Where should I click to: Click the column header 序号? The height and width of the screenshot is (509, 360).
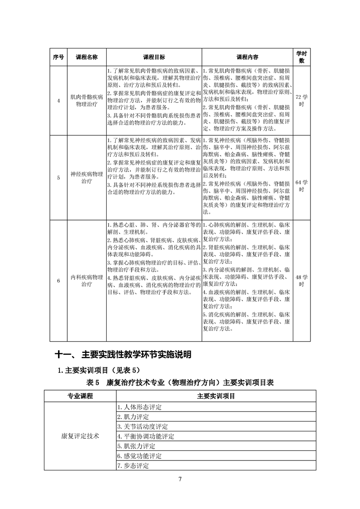point(58,57)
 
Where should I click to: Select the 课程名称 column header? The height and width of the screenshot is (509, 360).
point(87,57)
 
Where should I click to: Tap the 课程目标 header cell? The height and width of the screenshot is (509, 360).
point(154,57)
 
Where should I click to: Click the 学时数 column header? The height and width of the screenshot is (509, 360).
point(301,57)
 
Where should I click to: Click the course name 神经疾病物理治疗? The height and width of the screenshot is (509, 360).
point(87,177)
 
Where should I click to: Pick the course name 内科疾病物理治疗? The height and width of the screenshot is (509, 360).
point(87,281)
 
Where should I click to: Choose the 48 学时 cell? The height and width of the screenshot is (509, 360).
point(301,281)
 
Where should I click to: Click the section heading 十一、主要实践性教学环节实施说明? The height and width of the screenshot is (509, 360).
point(123,354)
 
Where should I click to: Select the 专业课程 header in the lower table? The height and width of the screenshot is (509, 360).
point(80,396)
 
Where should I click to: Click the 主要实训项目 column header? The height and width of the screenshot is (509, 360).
point(216,396)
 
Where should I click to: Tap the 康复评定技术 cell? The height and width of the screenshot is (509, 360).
point(80,436)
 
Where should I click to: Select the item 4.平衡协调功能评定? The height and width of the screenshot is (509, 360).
point(146,436)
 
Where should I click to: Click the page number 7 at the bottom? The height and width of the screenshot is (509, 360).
point(180,480)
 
